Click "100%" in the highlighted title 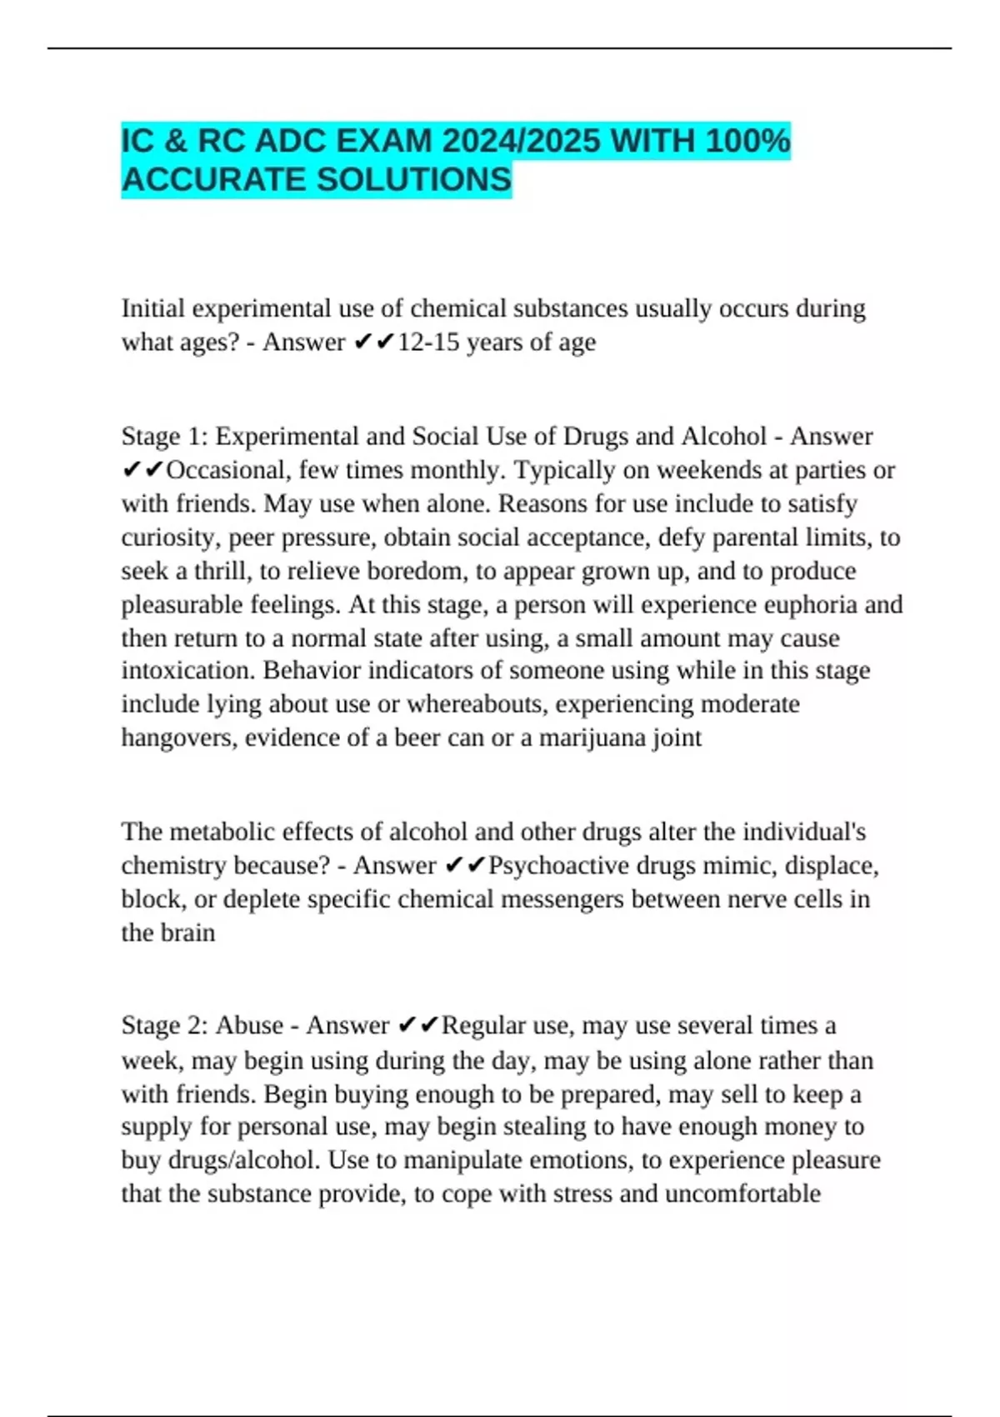(747, 141)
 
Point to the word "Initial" (153, 308)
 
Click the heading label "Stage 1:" (164, 436)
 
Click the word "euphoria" (797, 604)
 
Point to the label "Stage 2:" (164, 1025)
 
